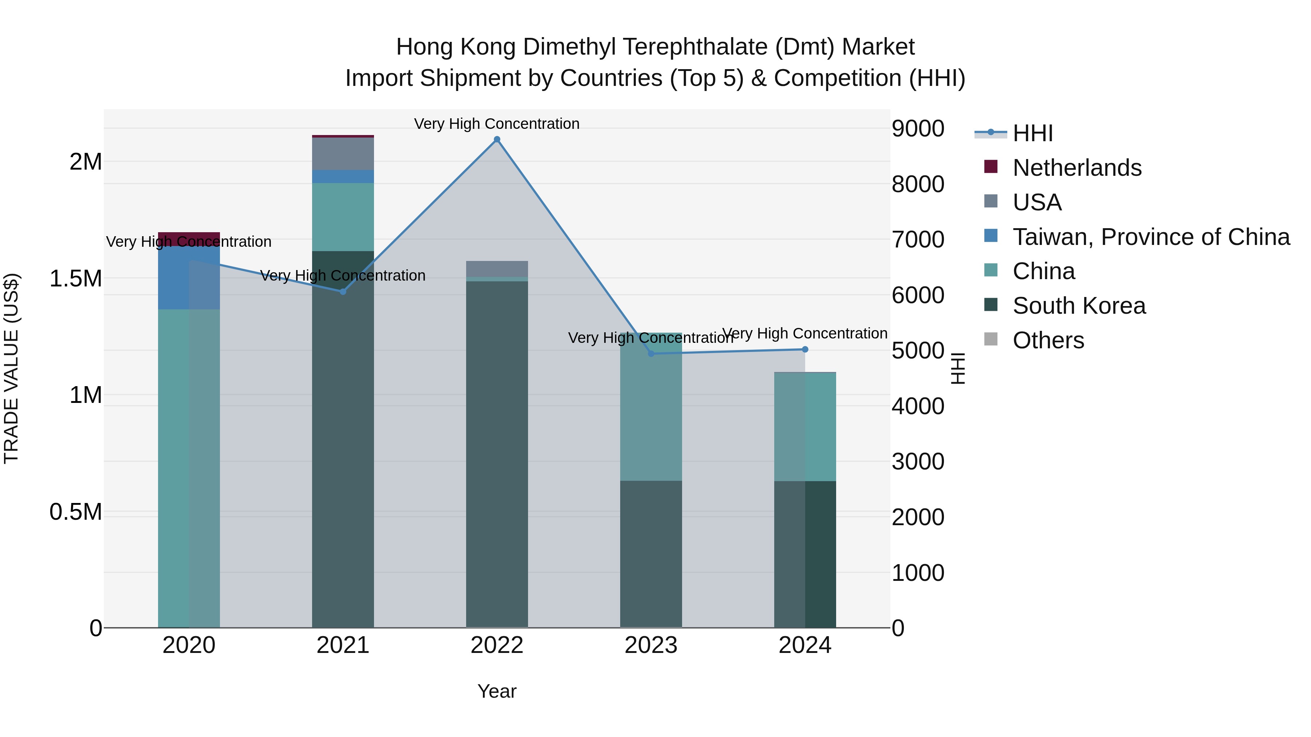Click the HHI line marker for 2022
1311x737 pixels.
(497, 139)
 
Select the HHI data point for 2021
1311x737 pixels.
(343, 292)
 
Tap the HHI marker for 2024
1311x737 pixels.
(804, 349)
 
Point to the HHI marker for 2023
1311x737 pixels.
(650, 353)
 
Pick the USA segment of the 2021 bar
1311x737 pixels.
(343, 153)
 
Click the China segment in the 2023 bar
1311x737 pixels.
(650, 407)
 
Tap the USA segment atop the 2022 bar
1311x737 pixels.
(497, 269)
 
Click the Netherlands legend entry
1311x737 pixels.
(1076, 168)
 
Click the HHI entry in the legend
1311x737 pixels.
(1032, 133)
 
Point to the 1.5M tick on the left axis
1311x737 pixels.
(75, 279)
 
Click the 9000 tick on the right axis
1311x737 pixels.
(918, 129)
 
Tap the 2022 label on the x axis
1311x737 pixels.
(497, 645)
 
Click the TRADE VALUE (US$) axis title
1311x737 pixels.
(11, 368)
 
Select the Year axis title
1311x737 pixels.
(497, 691)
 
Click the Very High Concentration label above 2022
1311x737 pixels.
(497, 124)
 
